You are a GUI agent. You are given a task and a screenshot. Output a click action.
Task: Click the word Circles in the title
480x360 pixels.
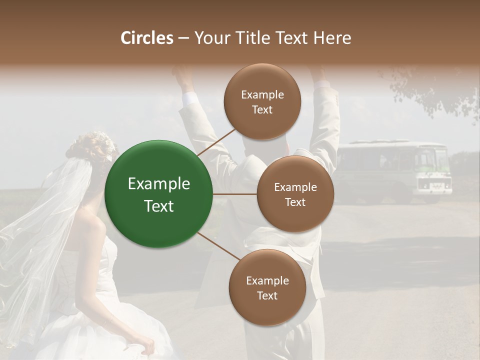[x=147, y=38]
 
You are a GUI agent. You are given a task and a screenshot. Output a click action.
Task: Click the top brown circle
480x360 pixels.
[x=262, y=101]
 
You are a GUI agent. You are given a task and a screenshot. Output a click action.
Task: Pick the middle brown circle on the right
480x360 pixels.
[x=295, y=194]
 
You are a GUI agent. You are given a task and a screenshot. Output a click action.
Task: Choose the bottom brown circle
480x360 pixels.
[x=267, y=287]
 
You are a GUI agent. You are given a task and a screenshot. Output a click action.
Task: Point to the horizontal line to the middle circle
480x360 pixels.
[x=235, y=194]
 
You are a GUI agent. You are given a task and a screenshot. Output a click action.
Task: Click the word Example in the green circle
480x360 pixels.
[x=159, y=184]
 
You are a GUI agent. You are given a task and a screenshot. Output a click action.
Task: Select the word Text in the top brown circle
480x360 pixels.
[x=262, y=109]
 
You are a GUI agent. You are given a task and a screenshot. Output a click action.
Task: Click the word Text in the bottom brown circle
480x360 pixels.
[x=267, y=295]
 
